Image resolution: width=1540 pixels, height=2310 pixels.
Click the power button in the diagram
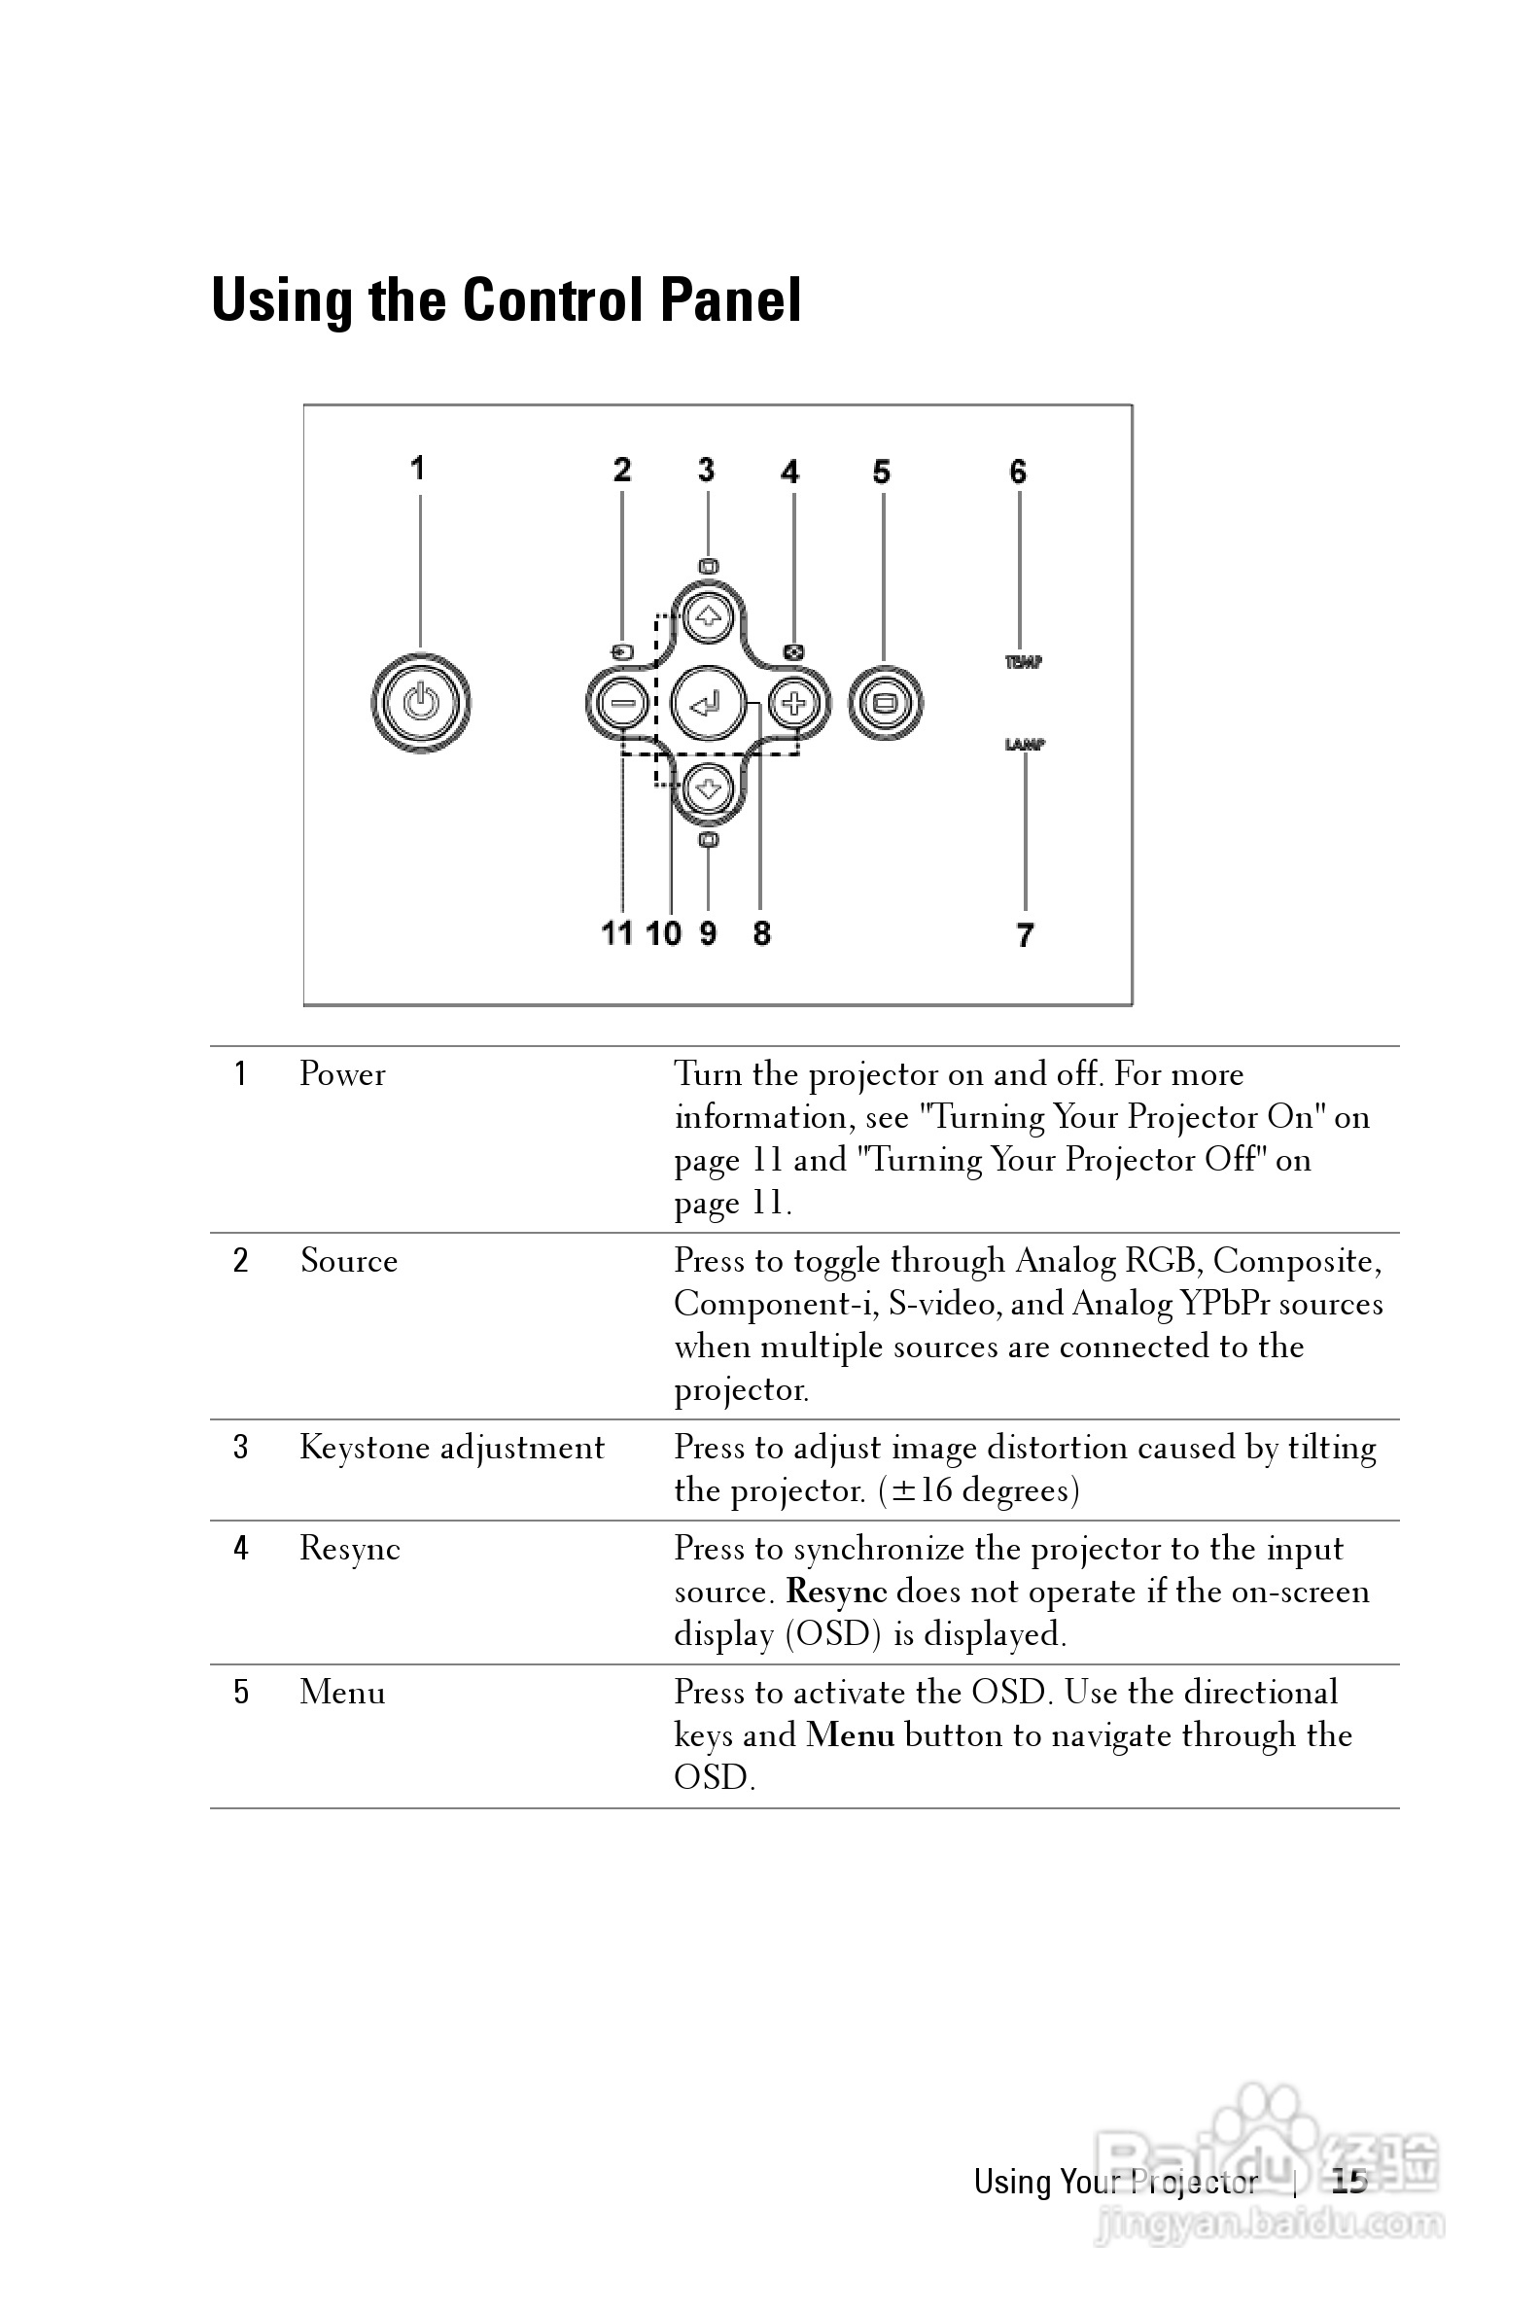(421, 703)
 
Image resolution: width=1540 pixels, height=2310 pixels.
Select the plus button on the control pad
(793, 703)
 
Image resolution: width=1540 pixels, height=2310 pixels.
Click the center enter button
(707, 703)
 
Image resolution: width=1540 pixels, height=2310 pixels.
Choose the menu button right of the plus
(884, 703)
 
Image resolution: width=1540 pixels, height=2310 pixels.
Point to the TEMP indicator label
(1023, 662)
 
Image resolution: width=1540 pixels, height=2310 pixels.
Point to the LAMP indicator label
(1025, 745)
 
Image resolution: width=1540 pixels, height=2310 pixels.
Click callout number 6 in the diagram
(1019, 472)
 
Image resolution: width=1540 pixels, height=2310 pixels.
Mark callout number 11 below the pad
(616, 933)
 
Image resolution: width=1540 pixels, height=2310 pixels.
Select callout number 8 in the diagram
(762, 933)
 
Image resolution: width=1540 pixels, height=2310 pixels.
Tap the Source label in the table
(349, 1261)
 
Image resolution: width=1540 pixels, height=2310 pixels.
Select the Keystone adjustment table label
(452, 1448)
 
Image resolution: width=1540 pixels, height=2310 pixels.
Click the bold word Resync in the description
(837, 1592)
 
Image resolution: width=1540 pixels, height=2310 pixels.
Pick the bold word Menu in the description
(851, 1735)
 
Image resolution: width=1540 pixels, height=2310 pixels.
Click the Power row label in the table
(343, 1074)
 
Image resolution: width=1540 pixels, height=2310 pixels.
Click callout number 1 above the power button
(418, 469)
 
